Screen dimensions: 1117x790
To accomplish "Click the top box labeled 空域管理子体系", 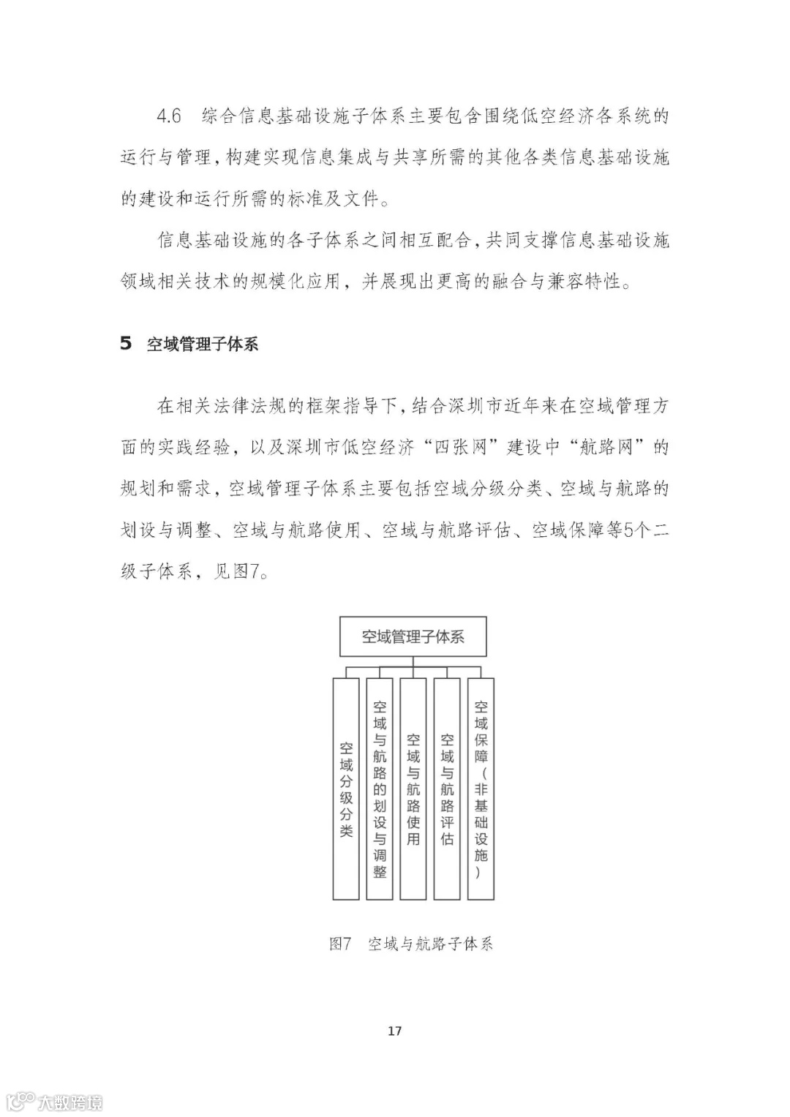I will [413, 636].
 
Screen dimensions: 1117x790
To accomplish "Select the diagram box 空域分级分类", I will [346, 789].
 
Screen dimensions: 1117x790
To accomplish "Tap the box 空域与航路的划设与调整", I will [380, 789].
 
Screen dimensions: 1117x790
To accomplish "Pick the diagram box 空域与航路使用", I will [413, 789].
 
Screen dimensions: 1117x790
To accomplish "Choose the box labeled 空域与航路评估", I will [447, 789].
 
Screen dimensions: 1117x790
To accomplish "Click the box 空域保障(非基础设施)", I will [481, 789].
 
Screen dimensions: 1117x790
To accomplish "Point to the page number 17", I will [394, 1031].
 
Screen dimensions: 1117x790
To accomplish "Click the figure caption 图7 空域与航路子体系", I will [411, 944].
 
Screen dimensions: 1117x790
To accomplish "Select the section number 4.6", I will [169, 116].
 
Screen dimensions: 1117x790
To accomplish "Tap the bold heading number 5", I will [126, 343].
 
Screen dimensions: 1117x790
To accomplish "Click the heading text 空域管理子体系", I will [203, 344].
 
